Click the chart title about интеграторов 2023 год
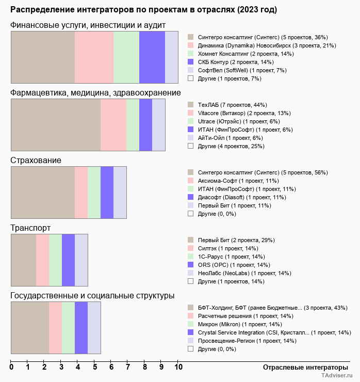click(x=143, y=10)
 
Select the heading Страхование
click(x=36, y=161)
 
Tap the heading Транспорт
click(x=30, y=228)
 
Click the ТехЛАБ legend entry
click(x=233, y=105)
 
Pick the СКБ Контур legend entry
click(x=236, y=62)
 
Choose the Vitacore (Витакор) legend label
click(x=244, y=113)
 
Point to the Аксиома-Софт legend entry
click(x=238, y=181)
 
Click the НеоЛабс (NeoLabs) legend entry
click(x=244, y=274)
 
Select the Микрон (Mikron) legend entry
click(x=240, y=325)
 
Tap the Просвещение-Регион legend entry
click(x=247, y=341)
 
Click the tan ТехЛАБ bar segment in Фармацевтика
click(x=56, y=125)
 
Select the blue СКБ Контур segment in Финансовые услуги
click(x=152, y=57)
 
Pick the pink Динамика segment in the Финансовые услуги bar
click(x=94, y=57)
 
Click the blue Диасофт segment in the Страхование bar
click(x=107, y=193)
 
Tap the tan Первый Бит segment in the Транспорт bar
click(x=24, y=260)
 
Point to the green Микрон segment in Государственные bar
click(x=69, y=328)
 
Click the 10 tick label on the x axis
click(x=178, y=367)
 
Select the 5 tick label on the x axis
click(x=95, y=367)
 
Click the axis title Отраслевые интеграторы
click(x=305, y=368)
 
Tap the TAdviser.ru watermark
click(x=337, y=375)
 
